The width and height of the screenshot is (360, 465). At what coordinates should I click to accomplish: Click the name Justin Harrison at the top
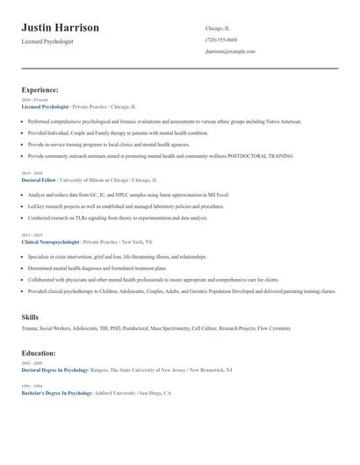[61, 28]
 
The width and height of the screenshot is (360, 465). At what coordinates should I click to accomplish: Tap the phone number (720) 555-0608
[220, 40]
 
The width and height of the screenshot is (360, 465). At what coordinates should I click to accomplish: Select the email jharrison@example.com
[230, 52]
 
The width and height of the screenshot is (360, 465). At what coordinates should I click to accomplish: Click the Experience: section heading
[40, 89]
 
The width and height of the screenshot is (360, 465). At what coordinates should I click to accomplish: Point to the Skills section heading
[30, 316]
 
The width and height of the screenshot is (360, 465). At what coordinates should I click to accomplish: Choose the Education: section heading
[39, 353]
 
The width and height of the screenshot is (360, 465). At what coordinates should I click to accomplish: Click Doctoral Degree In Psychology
[55, 370]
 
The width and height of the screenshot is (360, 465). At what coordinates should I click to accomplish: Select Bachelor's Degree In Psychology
[56, 393]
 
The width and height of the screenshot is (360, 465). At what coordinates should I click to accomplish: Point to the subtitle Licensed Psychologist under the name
[47, 41]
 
